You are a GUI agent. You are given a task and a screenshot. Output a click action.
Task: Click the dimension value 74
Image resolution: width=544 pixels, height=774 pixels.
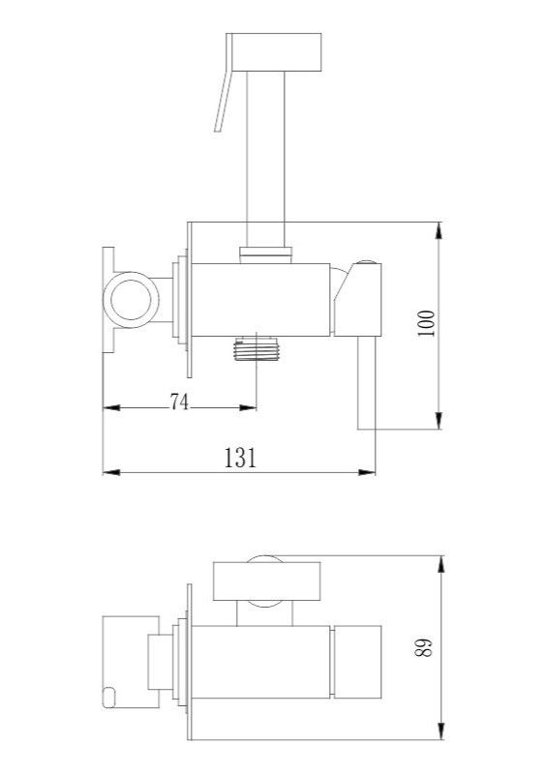(x=179, y=402)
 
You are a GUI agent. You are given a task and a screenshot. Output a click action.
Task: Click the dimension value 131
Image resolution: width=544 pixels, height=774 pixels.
(x=240, y=458)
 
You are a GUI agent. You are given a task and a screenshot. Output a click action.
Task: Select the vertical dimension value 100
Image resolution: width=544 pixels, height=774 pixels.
(x=427, y=323)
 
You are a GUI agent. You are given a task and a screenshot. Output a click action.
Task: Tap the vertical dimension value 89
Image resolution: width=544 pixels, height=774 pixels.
(x=425, y=647)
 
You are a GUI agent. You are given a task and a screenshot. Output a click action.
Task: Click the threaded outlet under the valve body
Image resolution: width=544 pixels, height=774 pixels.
(x=257, y=348)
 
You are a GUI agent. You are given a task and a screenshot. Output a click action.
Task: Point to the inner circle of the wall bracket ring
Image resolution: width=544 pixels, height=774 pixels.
(x=131, y=300)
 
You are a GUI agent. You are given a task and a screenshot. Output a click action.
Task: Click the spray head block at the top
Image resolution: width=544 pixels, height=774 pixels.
(x=277, y=51)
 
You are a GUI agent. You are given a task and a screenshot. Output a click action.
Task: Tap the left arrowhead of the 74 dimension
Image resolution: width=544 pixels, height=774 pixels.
(x=111, y=407)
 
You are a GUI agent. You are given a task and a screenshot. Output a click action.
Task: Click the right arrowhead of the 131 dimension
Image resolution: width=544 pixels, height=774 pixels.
(x=366, y=472)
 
